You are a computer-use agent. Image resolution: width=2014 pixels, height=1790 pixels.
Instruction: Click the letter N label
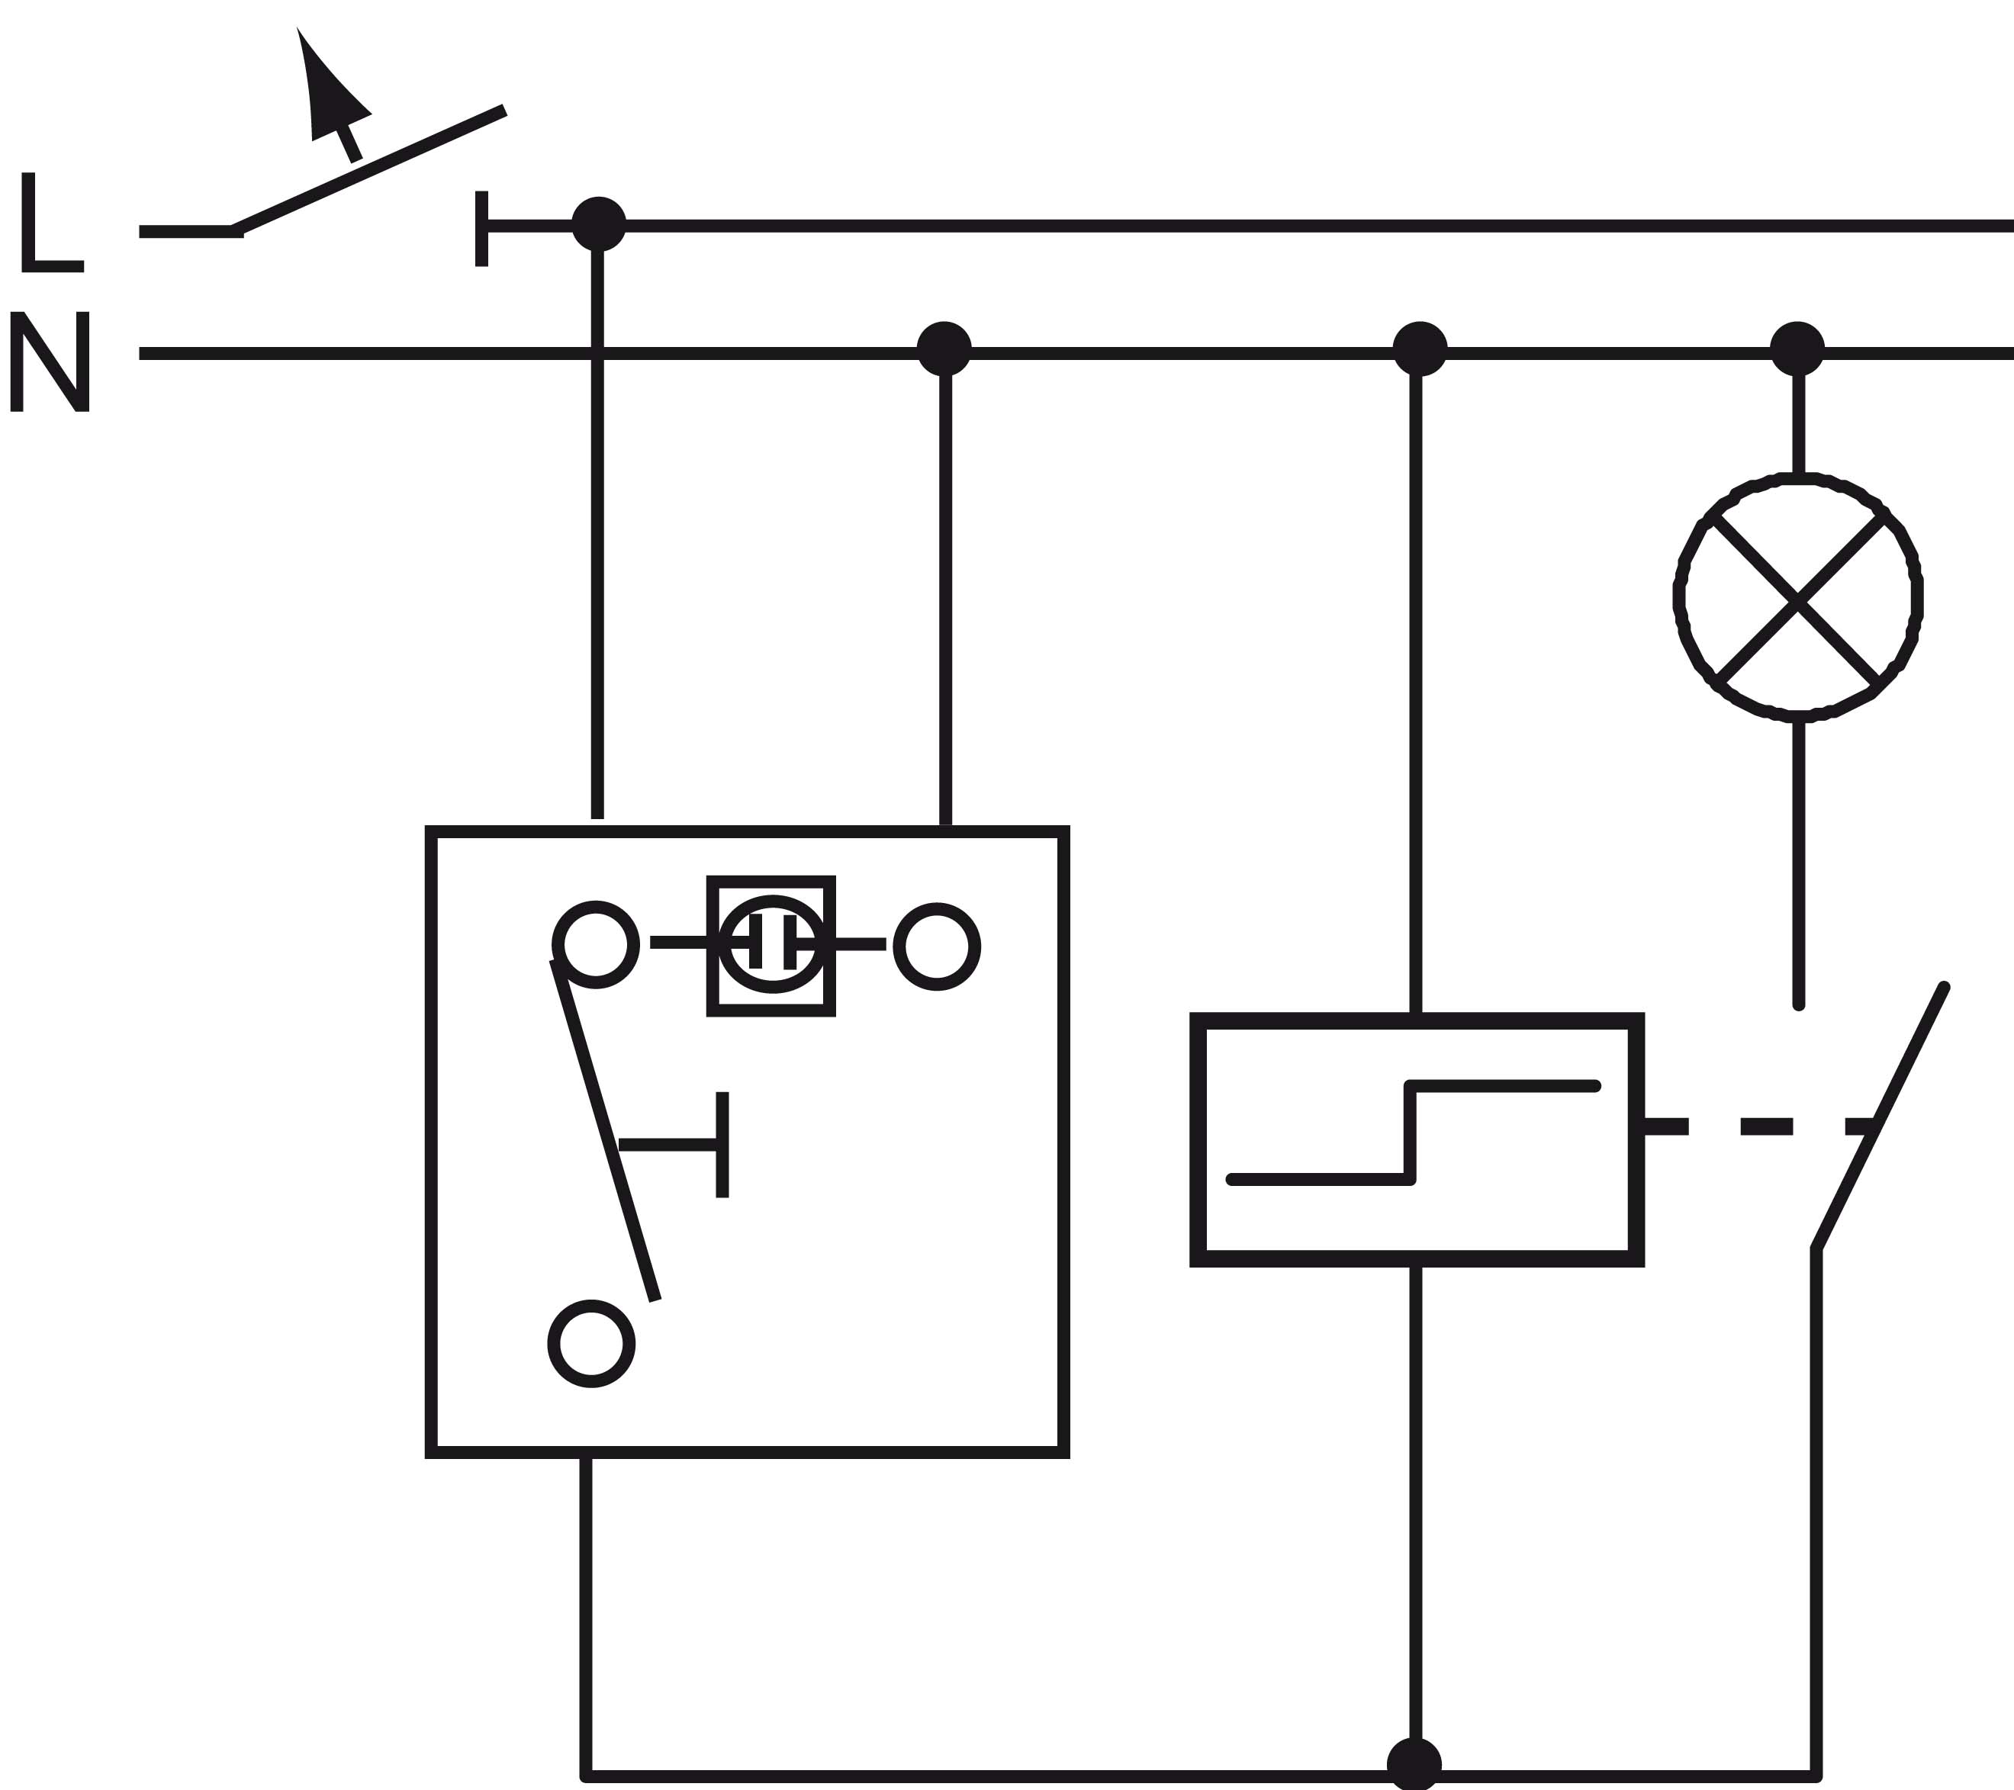[x=50, y=361]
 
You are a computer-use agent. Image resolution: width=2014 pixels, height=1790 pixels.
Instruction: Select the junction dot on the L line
[x=598, y=223]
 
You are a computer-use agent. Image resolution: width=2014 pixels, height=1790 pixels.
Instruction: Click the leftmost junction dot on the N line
[x=944, y=349]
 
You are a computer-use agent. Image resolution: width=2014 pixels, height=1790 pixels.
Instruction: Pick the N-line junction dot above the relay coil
[x=1420, y=349]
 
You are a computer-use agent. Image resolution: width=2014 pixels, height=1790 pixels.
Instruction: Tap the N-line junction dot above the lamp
[x=1797, y=349]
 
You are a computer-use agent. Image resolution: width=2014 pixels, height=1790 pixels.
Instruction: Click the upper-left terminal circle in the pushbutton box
[x=596, y=943]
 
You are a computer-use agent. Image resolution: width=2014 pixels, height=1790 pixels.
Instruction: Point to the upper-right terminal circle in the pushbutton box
[x=937, y=946]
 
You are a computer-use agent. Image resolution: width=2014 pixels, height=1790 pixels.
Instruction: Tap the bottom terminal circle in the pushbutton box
[x=591, y=1344]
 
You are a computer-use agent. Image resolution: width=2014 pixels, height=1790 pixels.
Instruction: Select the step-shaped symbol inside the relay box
[x=1413, y=1133]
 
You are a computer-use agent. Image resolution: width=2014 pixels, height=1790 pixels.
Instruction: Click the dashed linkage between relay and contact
[x=1764, y=1126]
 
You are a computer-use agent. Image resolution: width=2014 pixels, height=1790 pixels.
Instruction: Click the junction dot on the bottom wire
[x=1414, y=1763]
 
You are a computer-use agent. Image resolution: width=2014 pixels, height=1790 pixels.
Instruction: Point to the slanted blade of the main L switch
[x=369, y=169]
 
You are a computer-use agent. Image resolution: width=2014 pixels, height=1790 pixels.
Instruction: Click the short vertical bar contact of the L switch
[x=482, y=229]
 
